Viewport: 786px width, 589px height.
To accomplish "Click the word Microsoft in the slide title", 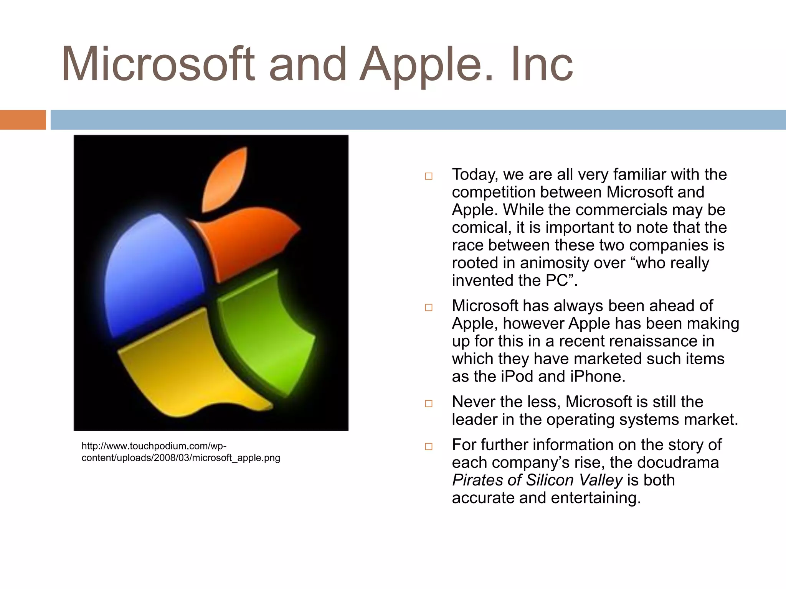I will tap(158, 64).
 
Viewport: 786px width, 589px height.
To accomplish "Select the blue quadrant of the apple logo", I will tap(154, 272).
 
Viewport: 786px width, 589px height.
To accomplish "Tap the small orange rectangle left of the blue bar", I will tap(23, 120).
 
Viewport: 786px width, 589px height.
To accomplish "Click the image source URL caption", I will tap(180, 452).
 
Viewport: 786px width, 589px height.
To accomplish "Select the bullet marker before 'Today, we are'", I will tap(429, 176).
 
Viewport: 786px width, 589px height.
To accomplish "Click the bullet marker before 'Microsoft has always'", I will tap(429, 308).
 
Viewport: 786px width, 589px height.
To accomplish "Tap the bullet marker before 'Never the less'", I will tap(429, 403).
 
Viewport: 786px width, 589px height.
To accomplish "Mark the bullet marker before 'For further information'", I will tap(429, 446).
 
